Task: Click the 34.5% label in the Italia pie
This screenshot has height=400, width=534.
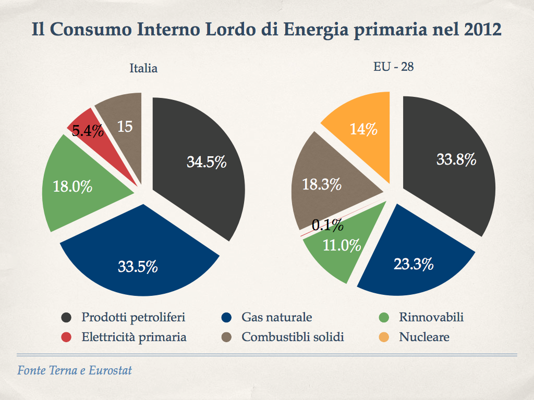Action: pos(207,162)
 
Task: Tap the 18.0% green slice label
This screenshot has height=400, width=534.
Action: pos(72,186)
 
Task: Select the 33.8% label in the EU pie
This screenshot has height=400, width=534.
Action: pos(456,159)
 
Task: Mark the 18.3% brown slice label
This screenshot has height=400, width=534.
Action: pos(322,184)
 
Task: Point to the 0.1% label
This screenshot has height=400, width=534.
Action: pos(327,225)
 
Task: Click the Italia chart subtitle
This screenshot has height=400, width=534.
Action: pos(143,68)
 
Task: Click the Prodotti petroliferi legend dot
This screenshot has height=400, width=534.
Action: pos(67,318)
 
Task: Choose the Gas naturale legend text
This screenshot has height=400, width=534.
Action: pos(277,317)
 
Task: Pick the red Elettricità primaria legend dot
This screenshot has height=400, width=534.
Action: pos(67,337)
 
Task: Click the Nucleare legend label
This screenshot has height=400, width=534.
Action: pos(424,337)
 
